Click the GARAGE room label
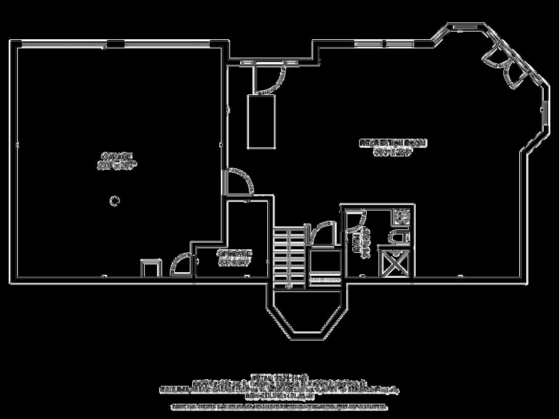point(117,156)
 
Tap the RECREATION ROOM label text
point(392,143)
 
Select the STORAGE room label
point(235,253)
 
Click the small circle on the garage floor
point(115,200)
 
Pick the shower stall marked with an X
point(396,264)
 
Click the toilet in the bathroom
point(397,237)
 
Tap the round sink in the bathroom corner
point(402,216)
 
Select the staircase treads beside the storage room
point(289,257)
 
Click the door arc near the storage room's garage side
point(181,264)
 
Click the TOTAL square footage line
point(279,376)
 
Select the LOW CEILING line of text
point(279,395)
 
